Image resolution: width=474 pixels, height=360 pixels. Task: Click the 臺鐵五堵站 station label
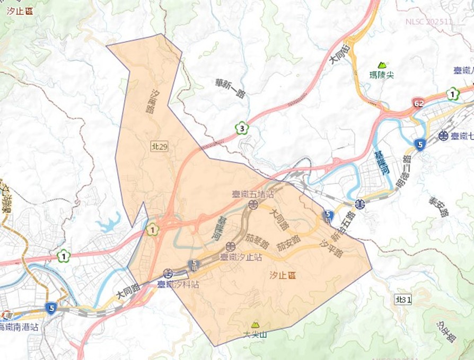coord(252,195)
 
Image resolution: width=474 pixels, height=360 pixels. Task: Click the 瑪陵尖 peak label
coord(382,75)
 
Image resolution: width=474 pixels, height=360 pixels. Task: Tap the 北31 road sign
coord(403,300)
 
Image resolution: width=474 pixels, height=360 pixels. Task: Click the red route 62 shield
coord(419,101)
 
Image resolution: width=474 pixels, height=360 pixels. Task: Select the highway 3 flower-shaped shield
coord(242,128)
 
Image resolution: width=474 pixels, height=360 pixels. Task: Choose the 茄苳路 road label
coord(259,244)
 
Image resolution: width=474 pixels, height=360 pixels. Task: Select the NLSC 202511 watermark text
coord(429,22)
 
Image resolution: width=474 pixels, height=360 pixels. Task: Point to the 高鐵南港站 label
coord(19,327)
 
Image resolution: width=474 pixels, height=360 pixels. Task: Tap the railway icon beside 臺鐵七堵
coord(443,136)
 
